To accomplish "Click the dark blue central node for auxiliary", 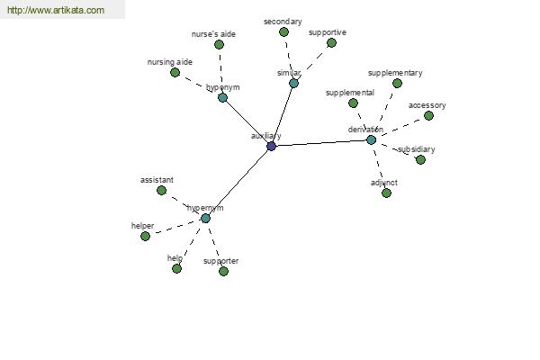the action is click(272, 146).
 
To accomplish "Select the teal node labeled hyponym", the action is click(223, 97).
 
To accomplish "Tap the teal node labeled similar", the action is click(293, 83).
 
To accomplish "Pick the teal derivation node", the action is click(371, 139).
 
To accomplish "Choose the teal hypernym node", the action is click(205, 218).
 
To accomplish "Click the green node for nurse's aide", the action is click(219, 44).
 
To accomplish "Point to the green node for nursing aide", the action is click(175, 72).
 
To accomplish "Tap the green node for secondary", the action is click(283, 32).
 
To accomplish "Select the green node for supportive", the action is click(331, 42).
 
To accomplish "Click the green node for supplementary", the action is click(397, 83).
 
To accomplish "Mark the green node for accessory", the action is click(428, 116).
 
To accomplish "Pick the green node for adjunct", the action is click(386, 193).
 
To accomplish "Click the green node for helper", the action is click(145, 236).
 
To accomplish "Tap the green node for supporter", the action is click(223, 271).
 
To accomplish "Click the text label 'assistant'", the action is click(157, 180).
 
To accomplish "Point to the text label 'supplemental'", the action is click(350, 93).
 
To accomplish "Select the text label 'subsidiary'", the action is click(416, 149).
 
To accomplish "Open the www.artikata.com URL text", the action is click(56, 10).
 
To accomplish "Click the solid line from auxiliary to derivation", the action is click(321, 143).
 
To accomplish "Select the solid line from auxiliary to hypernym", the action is click(238, 182).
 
